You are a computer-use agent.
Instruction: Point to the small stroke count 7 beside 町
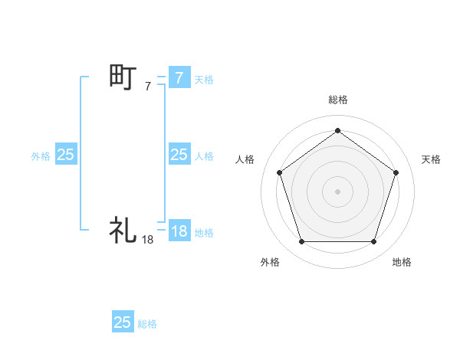pyautogui.click(x=148, y=87)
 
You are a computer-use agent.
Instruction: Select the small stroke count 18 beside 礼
pyautogui.click(x=148, y=240)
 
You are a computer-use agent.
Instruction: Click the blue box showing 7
pyautogui.click(x=179, y=77)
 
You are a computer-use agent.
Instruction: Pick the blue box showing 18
pyautogui.click(x=179, y=231)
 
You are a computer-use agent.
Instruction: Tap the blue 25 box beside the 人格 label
pyautogui.click(x=179, y=155)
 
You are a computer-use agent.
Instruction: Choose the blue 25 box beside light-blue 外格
pyautogui.click(x=65, y=155)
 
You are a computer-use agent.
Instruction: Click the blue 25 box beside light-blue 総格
pyautogui.click(x=123, y=322)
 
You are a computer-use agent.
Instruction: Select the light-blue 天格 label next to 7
pyautogui.click(x=204, y=80)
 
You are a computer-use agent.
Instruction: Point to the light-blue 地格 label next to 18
pyautogui.click(x=204, y=233)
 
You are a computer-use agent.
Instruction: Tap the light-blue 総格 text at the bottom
pyautogui.click(x=147, y=324)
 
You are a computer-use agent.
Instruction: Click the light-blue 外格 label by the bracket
pyautogui.click(x=41, y=156)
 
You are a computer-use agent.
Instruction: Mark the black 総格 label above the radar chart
pyautogui.click(x=337, y=100)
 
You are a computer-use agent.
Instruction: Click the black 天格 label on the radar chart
pyautogui.click(x=431, y=159)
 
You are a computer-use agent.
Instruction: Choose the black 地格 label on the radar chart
pyautogui.click(x=402, y=262)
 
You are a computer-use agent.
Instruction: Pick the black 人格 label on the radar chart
pyautogui.click(x=245, y=159)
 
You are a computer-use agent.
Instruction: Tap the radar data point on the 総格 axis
pyautogui.click(x=337, y=130)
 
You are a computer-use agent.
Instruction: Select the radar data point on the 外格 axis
pyautogui.click(x=301, y=242)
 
